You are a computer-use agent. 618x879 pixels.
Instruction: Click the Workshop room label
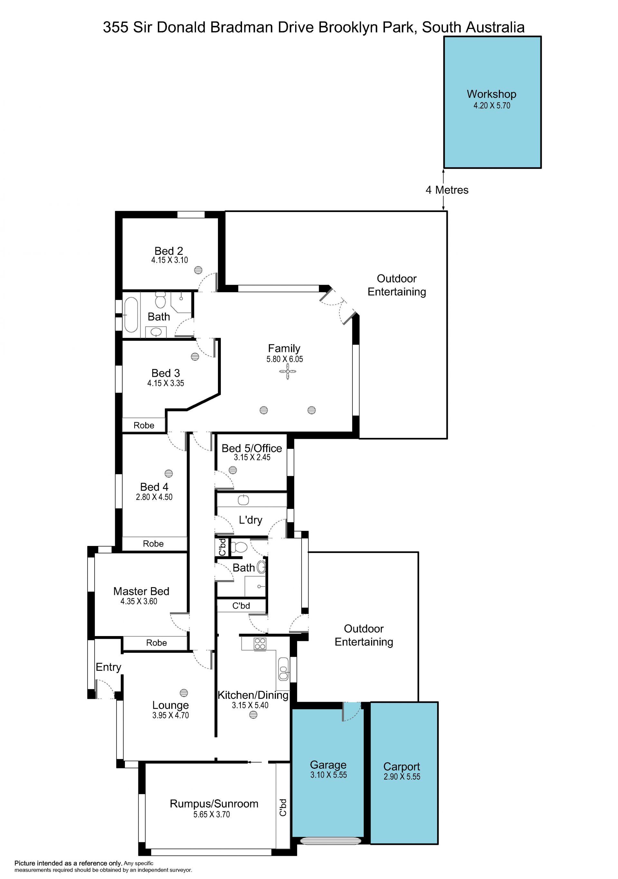pos(491,94)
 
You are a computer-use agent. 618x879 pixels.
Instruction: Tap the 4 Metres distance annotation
pos(447,190)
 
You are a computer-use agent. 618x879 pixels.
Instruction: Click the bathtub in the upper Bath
pos(131,315)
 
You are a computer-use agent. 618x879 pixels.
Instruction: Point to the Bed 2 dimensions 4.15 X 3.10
pos(169,260)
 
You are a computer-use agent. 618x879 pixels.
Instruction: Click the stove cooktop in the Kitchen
pos(260,643)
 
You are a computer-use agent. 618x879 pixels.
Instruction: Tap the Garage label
pos(328,764)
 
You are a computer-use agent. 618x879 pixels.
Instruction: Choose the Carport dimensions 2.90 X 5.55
pos(402,777)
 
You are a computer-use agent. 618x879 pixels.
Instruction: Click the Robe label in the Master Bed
pos(156,643)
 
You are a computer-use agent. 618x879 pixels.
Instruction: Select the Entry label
pos(108,667)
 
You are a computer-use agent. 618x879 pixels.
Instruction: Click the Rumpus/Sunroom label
pos(214,804)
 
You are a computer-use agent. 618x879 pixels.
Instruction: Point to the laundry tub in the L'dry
pos(244,500)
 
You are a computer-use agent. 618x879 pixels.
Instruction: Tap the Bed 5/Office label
pos(252,448)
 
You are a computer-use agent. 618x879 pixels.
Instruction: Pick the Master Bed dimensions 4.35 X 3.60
pos(139,601)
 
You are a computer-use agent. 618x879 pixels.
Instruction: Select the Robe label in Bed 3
pos(144,425)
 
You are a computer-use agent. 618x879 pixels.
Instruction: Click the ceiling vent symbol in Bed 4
pos(168,473)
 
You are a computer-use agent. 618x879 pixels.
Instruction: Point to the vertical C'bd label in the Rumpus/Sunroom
pos(283,807)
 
